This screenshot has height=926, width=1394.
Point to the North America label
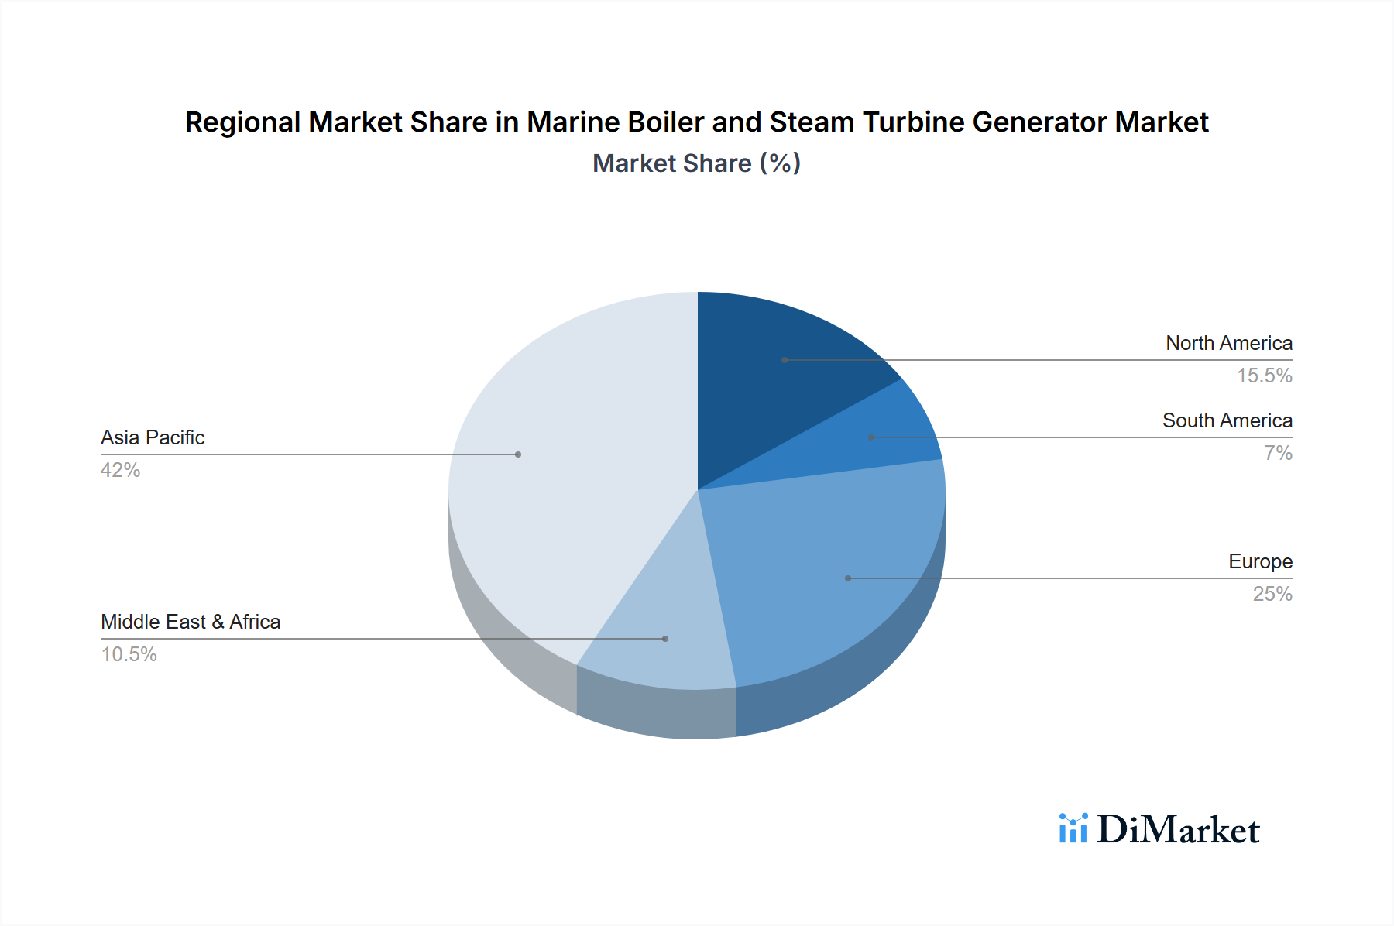1229,343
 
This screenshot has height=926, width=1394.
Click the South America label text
1227,420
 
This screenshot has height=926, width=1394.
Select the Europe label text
1260,561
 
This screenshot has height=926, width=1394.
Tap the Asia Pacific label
153,437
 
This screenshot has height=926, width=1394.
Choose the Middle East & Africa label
191,622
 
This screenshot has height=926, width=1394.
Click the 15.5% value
1264,376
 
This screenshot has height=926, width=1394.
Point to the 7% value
1278,453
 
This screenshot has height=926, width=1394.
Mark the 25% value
1272,594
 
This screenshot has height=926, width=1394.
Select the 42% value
120,470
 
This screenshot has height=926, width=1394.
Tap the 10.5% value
129,654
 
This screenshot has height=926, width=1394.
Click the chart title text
696,122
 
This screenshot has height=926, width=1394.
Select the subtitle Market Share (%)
696,163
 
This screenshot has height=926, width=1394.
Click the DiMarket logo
1177,830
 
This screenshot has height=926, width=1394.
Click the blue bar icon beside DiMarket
1073,828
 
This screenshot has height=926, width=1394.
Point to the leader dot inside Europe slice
848,578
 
